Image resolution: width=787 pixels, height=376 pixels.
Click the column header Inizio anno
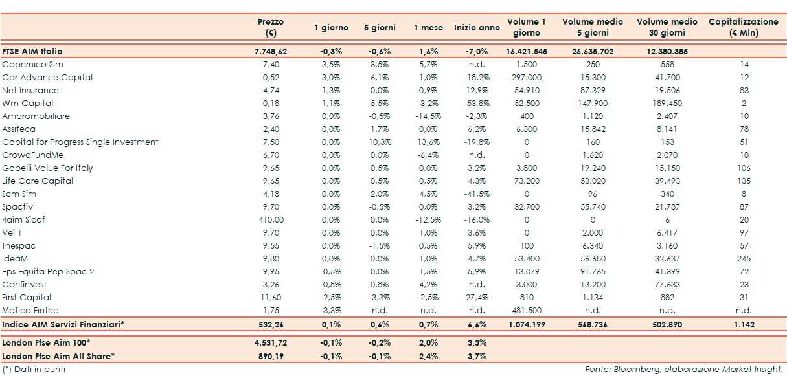tap(477, 28)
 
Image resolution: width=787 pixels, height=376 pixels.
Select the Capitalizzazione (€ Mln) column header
tap(744, 27)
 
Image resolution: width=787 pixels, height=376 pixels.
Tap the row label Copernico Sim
tap(33, 64)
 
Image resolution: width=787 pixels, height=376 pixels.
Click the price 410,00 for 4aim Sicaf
tap(271, 219)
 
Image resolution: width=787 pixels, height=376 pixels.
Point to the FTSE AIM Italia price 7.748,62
tap(271, 51)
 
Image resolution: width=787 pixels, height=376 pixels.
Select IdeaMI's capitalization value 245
tap(744, 258)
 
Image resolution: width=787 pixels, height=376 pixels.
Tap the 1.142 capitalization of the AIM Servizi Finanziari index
tap(744, 323)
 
